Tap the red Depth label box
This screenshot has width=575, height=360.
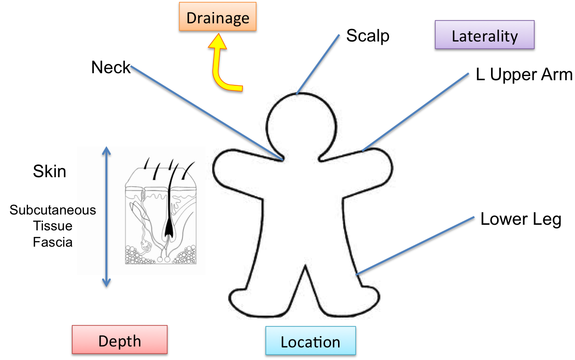(x=119, y=339)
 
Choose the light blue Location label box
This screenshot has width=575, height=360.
(x=311, y=341)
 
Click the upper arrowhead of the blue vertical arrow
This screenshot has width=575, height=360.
(x=107, y=151)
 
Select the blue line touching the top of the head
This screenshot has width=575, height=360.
(x=319, y=64)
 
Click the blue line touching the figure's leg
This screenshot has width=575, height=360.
(x=415, y=246)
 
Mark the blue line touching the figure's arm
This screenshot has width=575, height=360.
(x=415, y=112)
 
